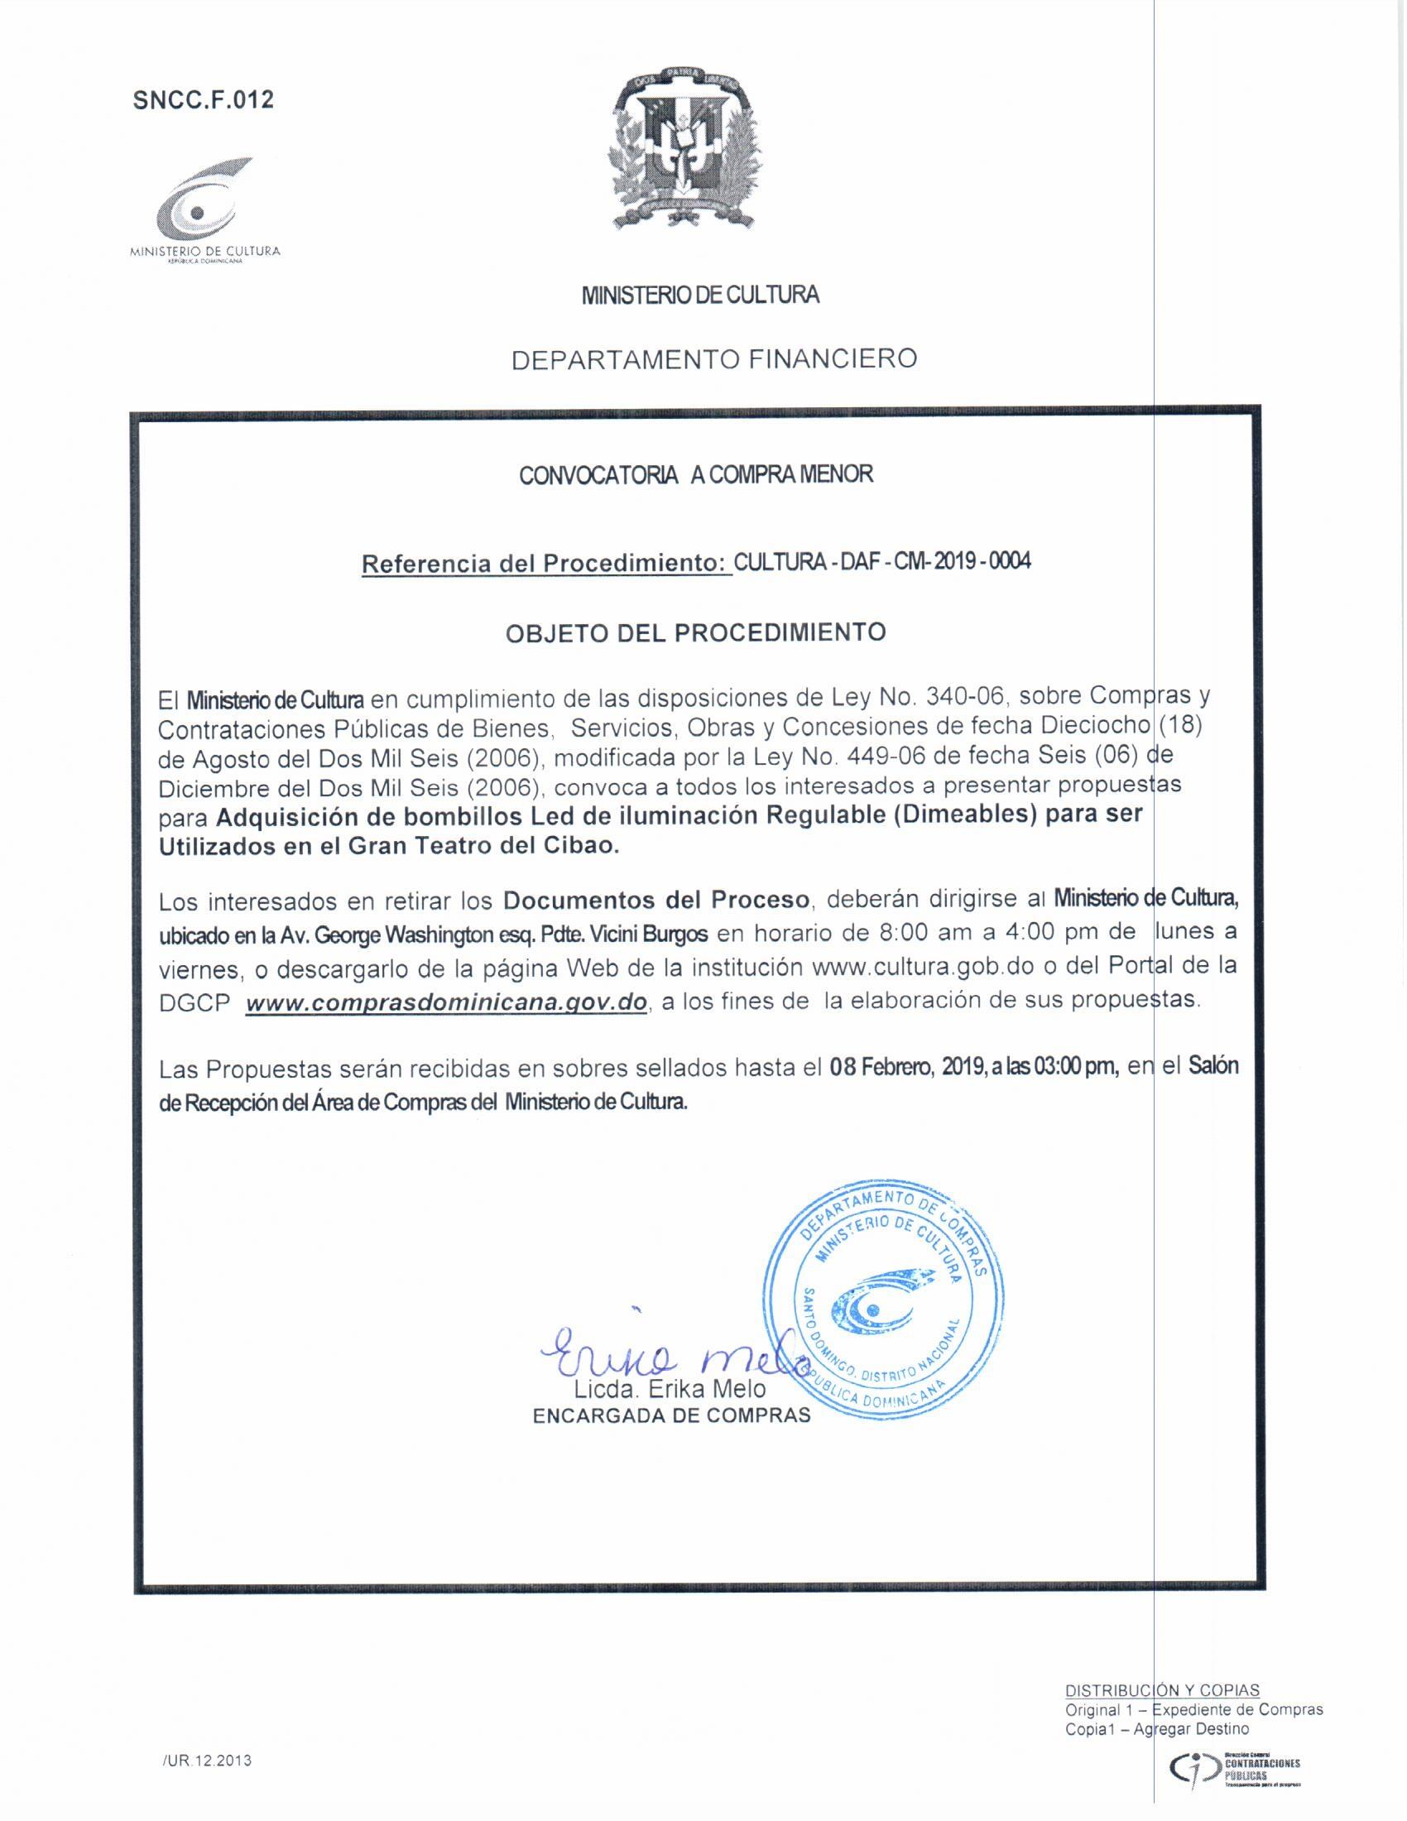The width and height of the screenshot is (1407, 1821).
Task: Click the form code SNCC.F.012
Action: click(x=204, y=100)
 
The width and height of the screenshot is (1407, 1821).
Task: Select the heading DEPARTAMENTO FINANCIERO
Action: click(x=713, y=359)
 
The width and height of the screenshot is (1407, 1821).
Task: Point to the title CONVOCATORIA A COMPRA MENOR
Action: click(x=696, y=475)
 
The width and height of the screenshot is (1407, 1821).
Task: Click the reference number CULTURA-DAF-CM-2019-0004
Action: click(x=882, y=561)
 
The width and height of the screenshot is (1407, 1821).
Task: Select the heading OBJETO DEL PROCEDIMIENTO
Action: click(x=695, y=632)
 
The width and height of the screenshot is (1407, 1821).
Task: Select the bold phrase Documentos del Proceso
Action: click(x=657, y=900)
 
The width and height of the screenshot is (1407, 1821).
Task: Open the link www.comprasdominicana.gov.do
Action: click(x=447, y=1002)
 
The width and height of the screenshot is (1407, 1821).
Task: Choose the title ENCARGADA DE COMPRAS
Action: click(x=671, y=1415)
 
